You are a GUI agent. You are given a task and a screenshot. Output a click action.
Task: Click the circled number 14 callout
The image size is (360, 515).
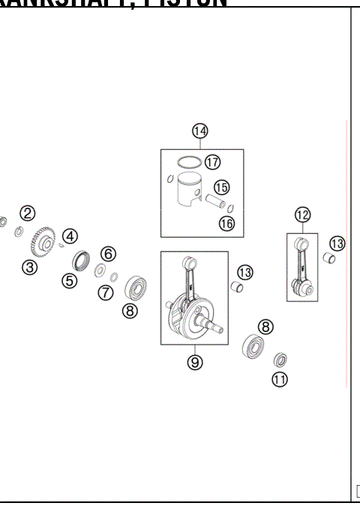click(x=199, y=132)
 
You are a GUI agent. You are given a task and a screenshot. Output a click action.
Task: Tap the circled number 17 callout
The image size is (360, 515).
click(x=212, y=161)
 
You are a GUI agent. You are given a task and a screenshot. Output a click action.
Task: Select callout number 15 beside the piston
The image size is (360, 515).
click(x=221, y=187)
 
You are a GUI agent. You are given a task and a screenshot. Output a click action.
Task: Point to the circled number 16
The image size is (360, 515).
click(x=226, y=223)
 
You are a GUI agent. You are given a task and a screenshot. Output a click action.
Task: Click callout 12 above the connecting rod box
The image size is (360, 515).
click(x=302, y=216)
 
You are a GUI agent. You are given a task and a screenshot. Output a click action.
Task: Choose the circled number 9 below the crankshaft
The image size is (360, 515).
click(x=195, y=362)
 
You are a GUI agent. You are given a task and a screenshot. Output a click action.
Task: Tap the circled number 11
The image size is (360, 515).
click(x=280, y=379)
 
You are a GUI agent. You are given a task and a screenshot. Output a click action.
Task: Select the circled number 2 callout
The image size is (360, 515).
click(x=27, y=213)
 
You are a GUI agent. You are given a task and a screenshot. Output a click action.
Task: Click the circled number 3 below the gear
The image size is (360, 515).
click(x=29, y=267)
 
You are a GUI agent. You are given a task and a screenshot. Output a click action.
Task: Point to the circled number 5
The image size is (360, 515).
click(x=70, y=281)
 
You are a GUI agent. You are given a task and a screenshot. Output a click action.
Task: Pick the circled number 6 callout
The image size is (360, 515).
click(x=108, y=253)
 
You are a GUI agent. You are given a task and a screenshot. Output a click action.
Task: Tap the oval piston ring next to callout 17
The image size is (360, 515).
click(x=187, y=161)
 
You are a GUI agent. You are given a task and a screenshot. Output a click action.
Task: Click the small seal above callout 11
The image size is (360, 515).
click(x=280, y=361)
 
